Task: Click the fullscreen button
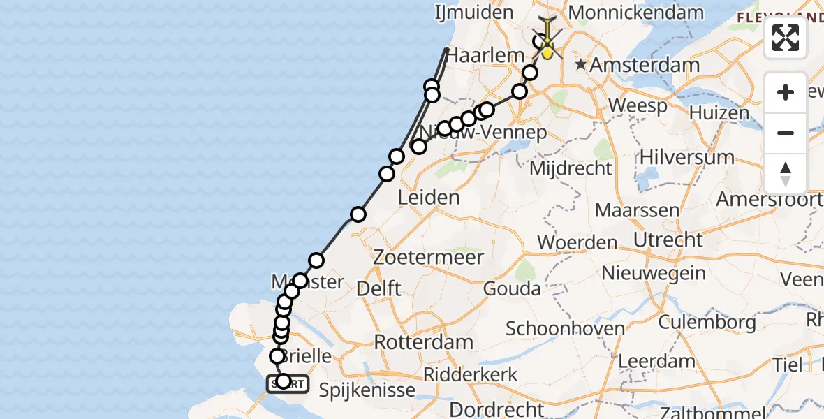tap(786, 38)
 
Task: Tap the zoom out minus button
tap(786, 133)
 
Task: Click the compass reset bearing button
tap(786, 174)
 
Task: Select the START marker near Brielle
tap(286, 383)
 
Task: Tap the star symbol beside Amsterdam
tap(581, 65)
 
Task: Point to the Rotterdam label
tap(423, 342)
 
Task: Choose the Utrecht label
tap(668, 240)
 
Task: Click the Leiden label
tap(428, 198)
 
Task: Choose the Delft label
tap(378, 288)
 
